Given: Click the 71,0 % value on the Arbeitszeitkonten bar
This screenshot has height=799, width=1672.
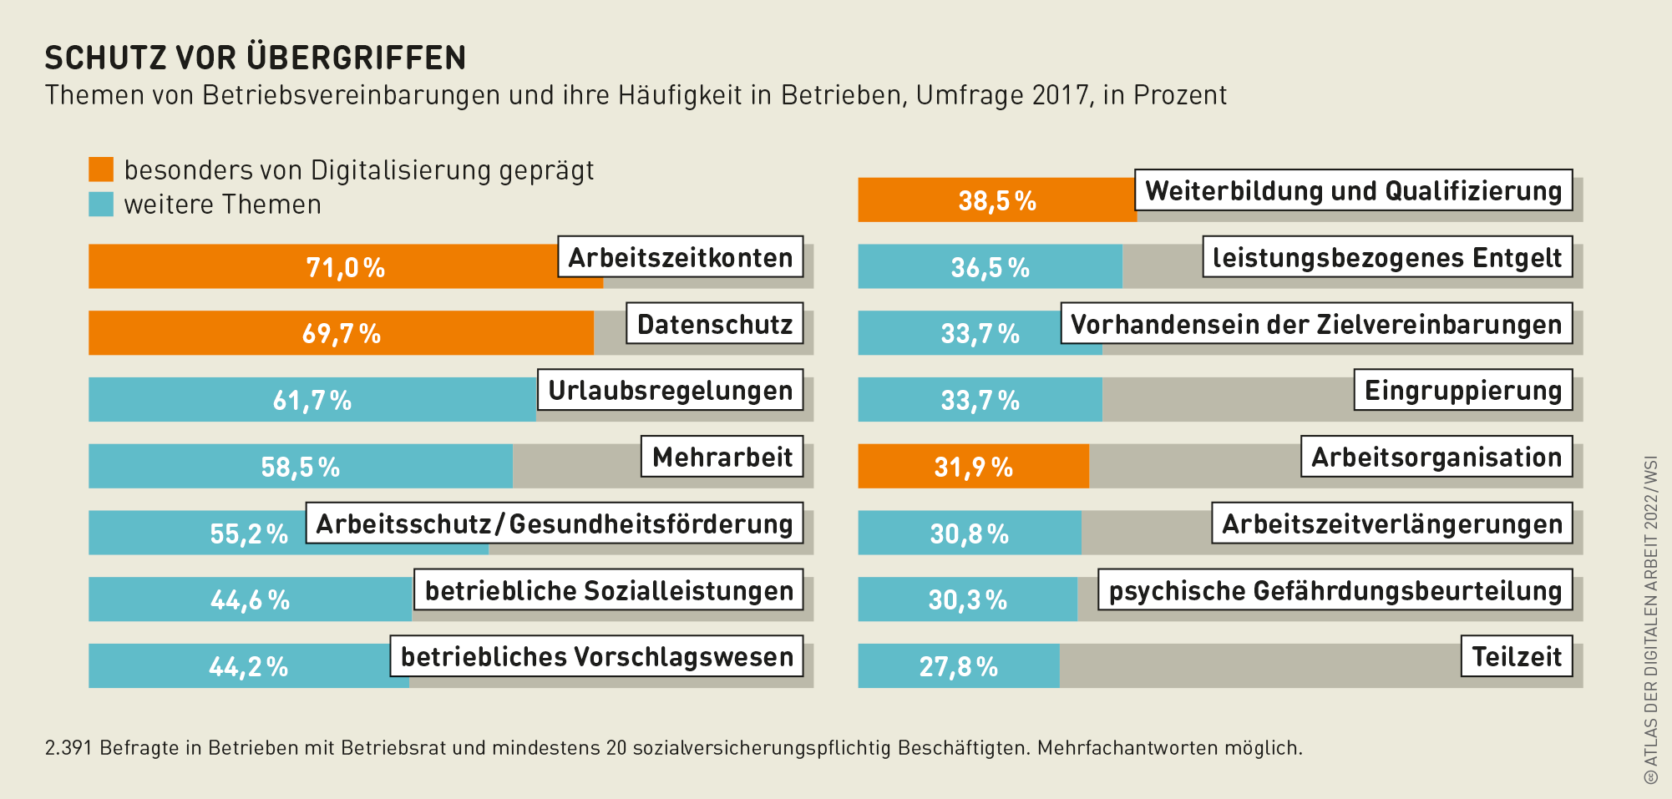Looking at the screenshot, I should coord(345,267).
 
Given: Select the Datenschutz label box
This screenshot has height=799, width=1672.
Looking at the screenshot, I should coord(714,324).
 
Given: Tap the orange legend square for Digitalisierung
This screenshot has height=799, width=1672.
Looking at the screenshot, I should coord(101,169).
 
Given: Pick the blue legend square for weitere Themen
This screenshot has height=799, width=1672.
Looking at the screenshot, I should coord(101,205).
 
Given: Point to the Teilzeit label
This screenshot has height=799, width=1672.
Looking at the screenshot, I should coord(1516,657).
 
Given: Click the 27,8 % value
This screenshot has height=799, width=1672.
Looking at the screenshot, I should coord(958,666).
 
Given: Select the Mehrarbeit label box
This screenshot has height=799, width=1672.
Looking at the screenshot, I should coord(722,457).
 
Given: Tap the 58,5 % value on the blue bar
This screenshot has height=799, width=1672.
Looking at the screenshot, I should coord(300,467).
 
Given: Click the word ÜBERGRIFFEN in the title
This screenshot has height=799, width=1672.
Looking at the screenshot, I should coord(357,58).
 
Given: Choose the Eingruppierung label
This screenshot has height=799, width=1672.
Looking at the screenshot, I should coord(1462,390).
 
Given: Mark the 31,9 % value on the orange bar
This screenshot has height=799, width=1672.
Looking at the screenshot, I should coord(973,467).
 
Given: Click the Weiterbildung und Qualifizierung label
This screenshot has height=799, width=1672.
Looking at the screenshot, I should coord(1353,191).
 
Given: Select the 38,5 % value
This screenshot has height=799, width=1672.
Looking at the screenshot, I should coord(996,200).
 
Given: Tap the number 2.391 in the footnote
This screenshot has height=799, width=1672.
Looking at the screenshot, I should coord(68,747).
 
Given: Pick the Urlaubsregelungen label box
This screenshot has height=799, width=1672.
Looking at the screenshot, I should coord(670,390).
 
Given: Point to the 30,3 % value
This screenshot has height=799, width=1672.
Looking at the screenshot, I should coord(967,599).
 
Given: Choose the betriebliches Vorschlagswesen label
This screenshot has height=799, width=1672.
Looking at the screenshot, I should coord(596,657).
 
